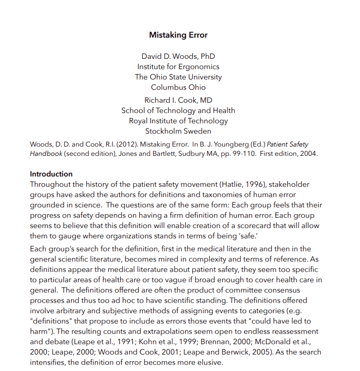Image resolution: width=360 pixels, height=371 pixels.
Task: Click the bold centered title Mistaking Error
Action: (x=178, y=35)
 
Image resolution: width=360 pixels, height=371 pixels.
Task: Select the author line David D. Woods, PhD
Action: (x=178, y=56)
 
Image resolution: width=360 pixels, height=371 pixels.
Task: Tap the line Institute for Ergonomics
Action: (x=178, y=67)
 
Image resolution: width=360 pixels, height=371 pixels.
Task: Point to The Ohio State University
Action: (x=178, y=77)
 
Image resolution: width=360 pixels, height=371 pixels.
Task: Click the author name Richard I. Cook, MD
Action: (x=178, y=100)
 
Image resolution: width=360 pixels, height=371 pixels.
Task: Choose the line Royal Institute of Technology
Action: (x=178, y=121)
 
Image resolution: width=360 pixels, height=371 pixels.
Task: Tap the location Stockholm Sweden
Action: (x=178, y=131)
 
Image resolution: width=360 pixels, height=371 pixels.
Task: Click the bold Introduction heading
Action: (x=51, y=174)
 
